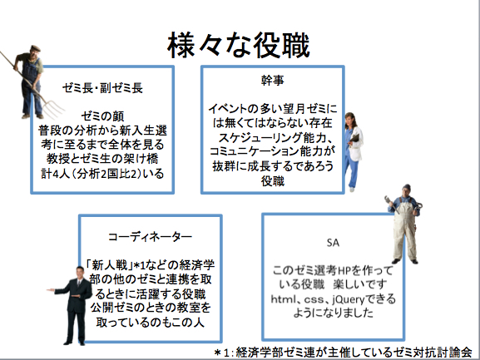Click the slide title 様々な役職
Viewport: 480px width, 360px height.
coord(239,46)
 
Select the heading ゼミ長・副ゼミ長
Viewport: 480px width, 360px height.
coord(102,88)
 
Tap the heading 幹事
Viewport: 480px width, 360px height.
coord(273,80)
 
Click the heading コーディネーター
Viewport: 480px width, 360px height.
coord(150,237)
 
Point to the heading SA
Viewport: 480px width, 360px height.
coord(333,243)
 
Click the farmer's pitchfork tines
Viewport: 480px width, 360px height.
coord(53,109)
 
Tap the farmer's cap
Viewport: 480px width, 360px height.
coord(35,48)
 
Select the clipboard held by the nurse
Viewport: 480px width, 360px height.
coord(354,138)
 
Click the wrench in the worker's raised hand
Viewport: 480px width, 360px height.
coord(392,204)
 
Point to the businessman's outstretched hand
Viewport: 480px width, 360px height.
coord(51,290)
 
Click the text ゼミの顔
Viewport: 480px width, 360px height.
coord(102,116)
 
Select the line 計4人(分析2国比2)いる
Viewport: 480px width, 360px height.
coord(102,174)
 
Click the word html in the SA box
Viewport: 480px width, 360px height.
coord(283,298)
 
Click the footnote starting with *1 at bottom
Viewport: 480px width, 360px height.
coord(344,353)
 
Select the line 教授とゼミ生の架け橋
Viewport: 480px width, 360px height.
coord(102,159)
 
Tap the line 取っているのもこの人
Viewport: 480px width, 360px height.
coord(150,323)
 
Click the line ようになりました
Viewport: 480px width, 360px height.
coord(333,313)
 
